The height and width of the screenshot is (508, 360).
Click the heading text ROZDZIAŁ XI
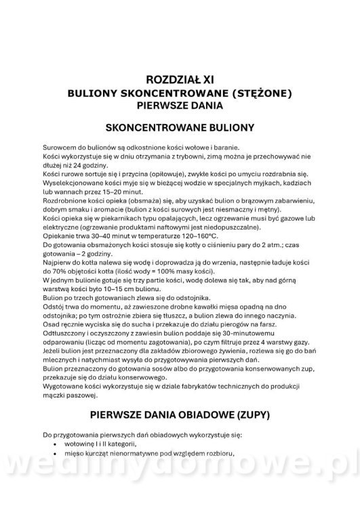click(180, 79)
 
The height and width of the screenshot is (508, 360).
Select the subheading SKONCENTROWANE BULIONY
click(180, 127)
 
